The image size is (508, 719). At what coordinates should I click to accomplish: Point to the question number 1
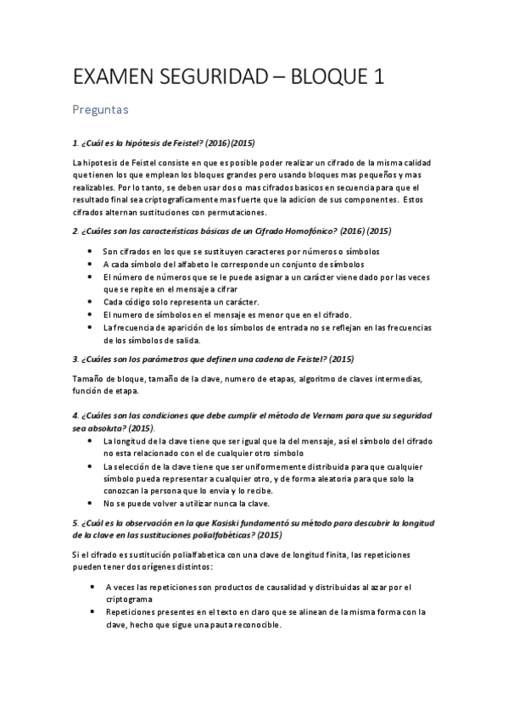tap(75, 144)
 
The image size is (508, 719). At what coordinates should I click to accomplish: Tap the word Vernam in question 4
tap(335, 417)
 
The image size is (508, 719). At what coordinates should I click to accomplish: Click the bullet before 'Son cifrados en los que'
tap(91, 252)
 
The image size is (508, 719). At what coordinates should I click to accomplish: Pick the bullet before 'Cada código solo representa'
tap(91, 301)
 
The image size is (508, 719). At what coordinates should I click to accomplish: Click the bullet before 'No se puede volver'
tap(91, 504)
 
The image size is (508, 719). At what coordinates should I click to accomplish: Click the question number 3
tap(75, 359)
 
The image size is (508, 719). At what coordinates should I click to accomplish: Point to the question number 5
tap(75, 522)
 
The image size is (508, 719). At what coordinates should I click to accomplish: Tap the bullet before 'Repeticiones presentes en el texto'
tap(91, 611)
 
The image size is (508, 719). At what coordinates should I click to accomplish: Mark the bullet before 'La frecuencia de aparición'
tap(91, 326)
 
